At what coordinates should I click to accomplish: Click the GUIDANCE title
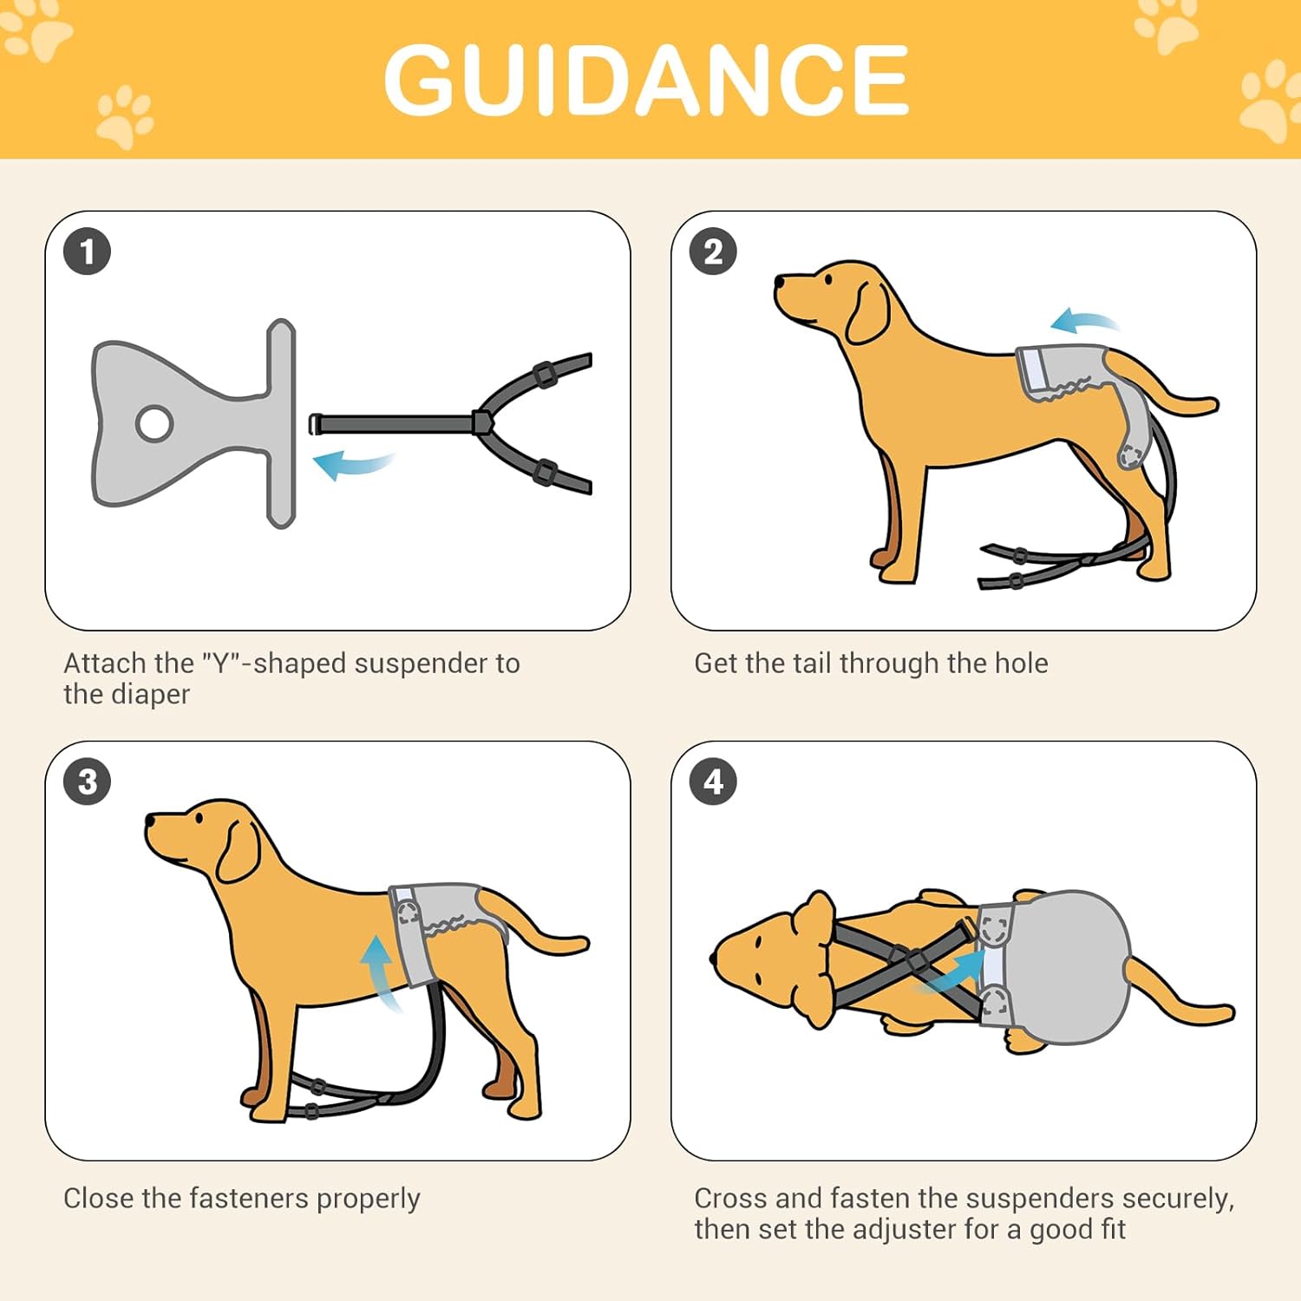(x=646, y=80)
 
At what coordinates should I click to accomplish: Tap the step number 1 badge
(x=87, y=252)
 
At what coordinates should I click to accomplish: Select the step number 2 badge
(x=713, y=252)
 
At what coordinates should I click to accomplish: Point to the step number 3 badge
(x=87, y=781)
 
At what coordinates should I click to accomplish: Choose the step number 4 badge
(x=713, y=781)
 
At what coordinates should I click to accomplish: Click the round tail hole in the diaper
(x=154, y=423)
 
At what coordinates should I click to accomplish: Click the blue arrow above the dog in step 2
(x=1084, y=321)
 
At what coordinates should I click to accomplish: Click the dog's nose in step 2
(x=779, y=283)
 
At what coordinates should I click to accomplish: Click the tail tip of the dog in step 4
(x=1225, y=1013)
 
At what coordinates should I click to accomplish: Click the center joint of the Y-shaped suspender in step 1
(x=481, y=423)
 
